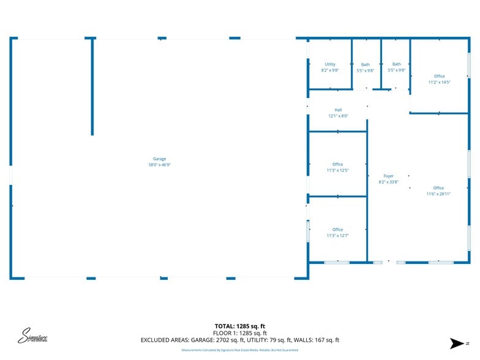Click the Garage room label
tap(159, 159)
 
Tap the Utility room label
tap(330, 64)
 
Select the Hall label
tap(338, 110)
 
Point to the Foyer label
tap(388, 176)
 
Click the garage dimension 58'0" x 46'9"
tap(159, 165)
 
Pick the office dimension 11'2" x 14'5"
tap(439, 82)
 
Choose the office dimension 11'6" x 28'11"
tap(438, 193)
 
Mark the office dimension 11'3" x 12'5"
tap(337, 170)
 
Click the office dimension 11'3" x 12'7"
tap(337, 235)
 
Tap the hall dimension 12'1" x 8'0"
tap(338, 116)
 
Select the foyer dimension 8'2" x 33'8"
tap(388, 182)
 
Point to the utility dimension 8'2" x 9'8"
tap(330, 70)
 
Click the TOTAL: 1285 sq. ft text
tap(239, 326)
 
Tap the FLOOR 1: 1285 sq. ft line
tap(239, 333)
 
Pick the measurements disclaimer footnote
tap(239, 350)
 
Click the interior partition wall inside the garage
tap(92, 86)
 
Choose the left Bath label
tap(365, 65)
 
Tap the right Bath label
tap(396, 64)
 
